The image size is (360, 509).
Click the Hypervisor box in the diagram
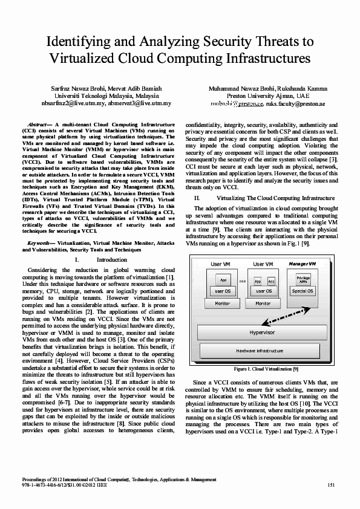262,332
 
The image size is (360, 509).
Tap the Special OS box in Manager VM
303,291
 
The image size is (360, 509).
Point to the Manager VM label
303,264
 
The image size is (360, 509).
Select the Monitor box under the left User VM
223,303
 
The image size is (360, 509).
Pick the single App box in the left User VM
223,280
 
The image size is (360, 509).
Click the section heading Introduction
112,259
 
